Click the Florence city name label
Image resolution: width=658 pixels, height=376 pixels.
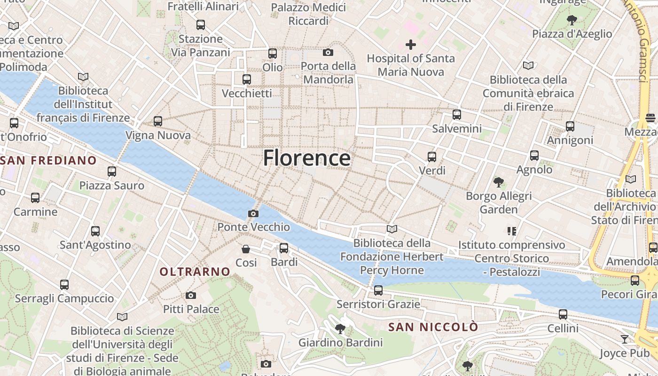click(306, 158)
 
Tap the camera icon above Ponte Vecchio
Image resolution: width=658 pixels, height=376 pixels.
click(253, 214)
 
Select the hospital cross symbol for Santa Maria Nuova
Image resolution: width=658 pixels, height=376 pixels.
click(411, 45)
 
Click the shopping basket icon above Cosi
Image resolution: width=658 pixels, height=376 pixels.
click(246, 249)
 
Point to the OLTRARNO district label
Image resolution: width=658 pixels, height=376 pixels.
click(195, 272)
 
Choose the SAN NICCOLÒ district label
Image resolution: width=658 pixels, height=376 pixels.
click(433, 327)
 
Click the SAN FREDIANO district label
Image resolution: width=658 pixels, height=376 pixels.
click(48, 160)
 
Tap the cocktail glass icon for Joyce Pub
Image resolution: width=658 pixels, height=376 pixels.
click(624, 339)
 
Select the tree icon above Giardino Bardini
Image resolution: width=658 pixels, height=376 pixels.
click(340, 329)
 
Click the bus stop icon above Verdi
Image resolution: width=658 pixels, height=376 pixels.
click(431, 157)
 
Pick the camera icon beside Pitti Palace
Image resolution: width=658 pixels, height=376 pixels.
click(190, 295)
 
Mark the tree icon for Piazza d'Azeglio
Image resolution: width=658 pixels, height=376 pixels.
click(572, 20)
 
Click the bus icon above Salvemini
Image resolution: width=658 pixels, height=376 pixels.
click(456, 115)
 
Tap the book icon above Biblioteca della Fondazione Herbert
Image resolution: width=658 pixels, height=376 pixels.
click(392, 229)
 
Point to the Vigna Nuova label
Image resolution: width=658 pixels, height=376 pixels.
click(158, 135)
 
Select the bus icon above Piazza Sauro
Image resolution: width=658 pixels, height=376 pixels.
click(111, 172)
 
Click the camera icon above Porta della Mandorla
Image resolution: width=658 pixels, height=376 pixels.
click(328, 52)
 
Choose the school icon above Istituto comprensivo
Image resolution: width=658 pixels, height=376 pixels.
click(511, 231)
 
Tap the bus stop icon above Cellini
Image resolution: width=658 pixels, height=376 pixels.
click(563, 314)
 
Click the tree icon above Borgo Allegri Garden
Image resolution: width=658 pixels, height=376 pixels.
click(499, 182)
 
